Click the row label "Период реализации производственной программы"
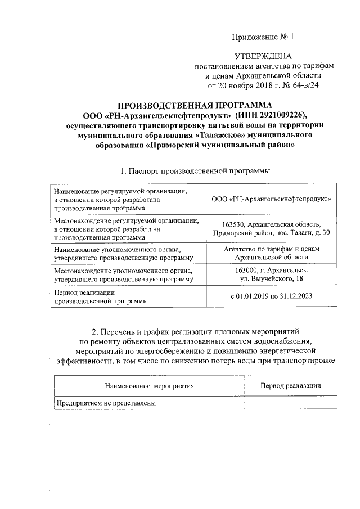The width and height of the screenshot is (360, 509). click(100, 296)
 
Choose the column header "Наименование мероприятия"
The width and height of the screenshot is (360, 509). click(149, 386)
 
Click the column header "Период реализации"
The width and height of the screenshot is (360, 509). click(291, 386)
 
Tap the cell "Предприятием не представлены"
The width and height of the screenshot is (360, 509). click(105, 403)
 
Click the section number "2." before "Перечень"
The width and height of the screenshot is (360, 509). click(95, 330)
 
